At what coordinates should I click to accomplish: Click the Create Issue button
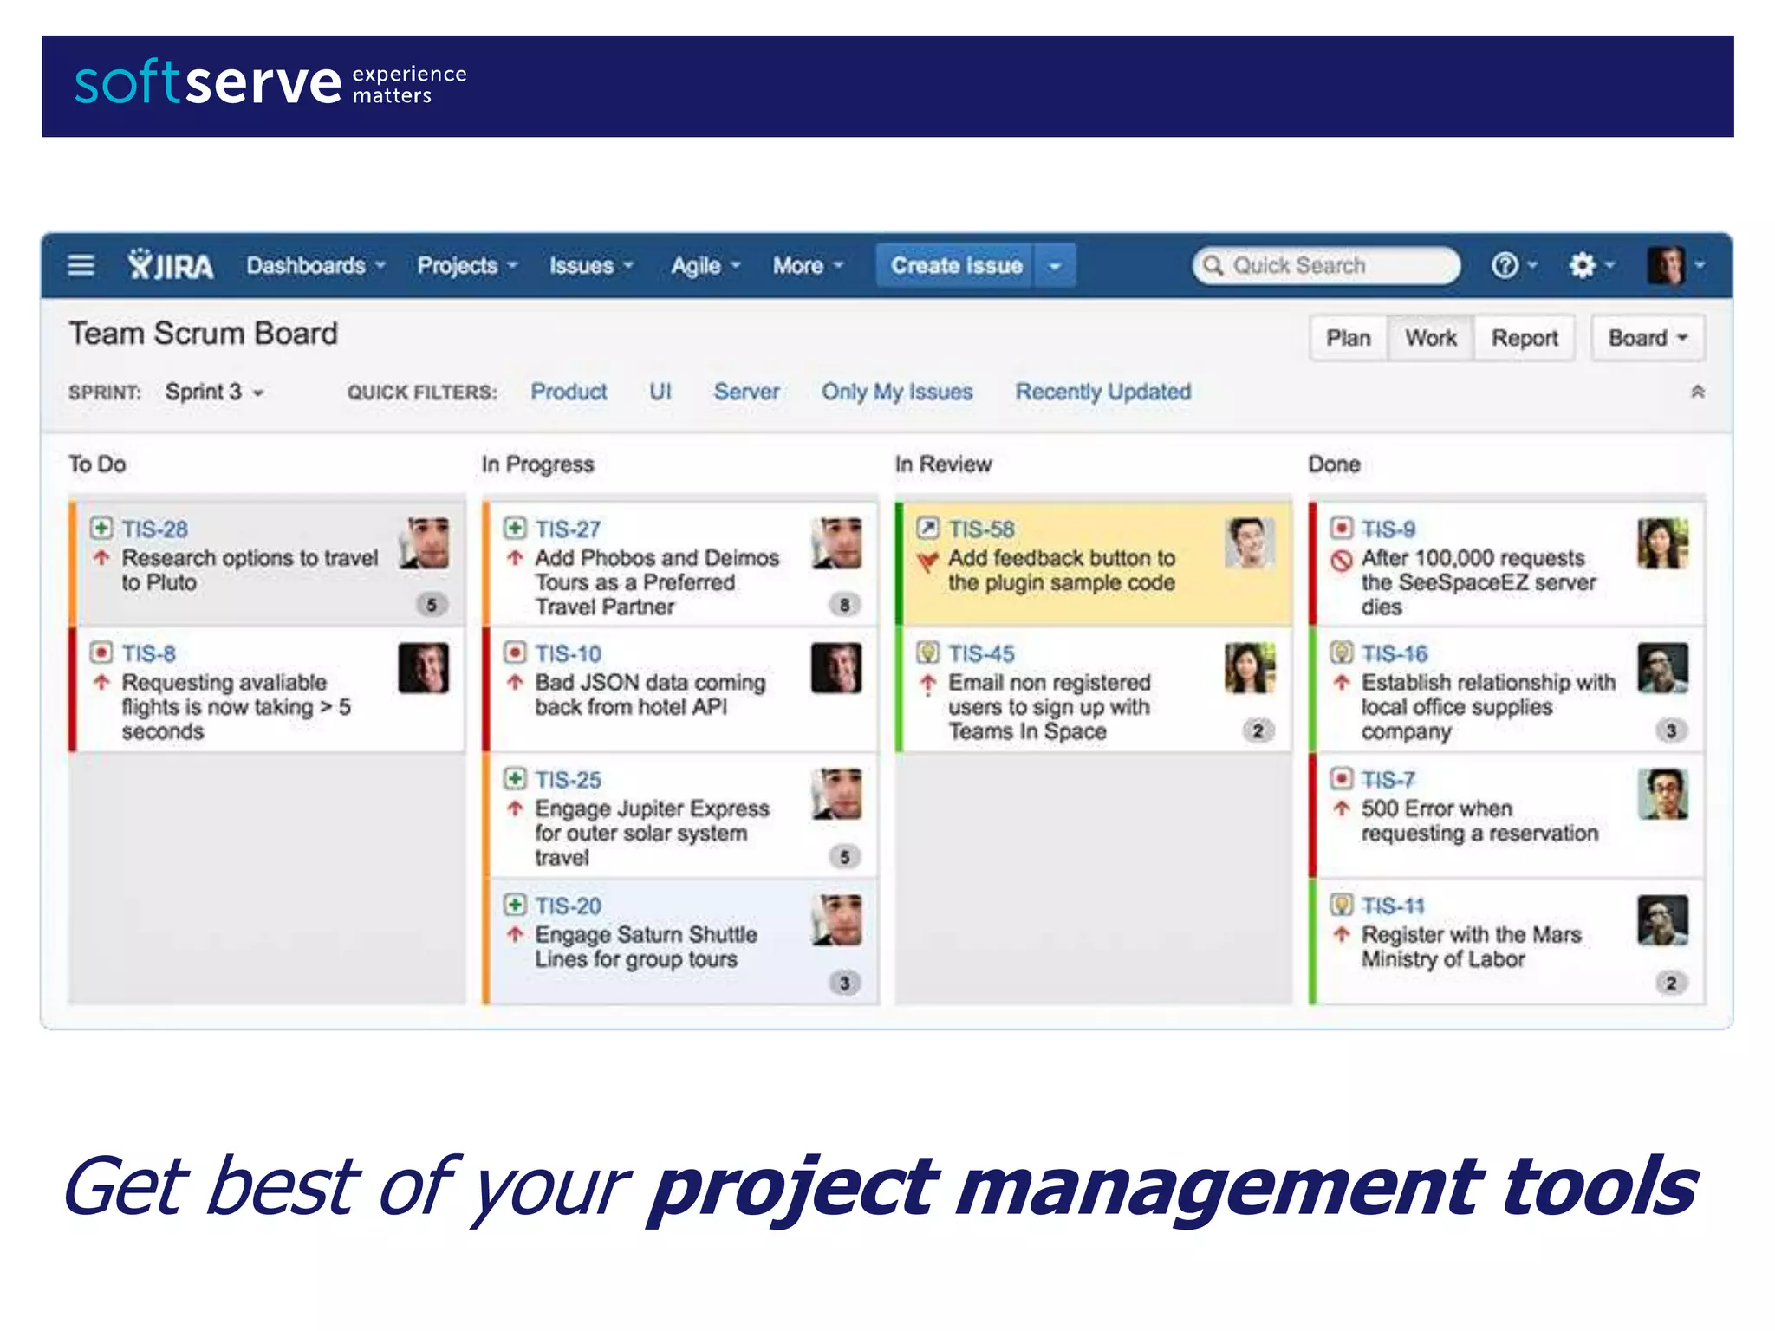point(956,265)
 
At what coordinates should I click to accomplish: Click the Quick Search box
point(1326,265)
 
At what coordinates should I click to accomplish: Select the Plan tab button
point(1348,338)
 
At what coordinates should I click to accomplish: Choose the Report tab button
point(1524,338)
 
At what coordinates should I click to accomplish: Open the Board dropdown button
point(1647,338)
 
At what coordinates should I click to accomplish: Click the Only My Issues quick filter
point(897,392)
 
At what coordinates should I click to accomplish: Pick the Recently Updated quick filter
point(1102,392)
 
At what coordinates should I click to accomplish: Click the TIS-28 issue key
point(154,529)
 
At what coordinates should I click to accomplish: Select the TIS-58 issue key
point(981,529)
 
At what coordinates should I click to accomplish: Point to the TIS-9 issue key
point(1388,529)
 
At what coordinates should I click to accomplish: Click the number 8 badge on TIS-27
point(844,604)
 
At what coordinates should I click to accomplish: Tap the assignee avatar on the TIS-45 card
point(1249,668)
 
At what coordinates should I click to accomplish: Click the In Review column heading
point(943,464)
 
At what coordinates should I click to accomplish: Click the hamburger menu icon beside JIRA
point(81,265)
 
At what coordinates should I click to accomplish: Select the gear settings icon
point(1582,265)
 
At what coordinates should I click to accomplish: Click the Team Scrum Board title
point(204,334)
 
